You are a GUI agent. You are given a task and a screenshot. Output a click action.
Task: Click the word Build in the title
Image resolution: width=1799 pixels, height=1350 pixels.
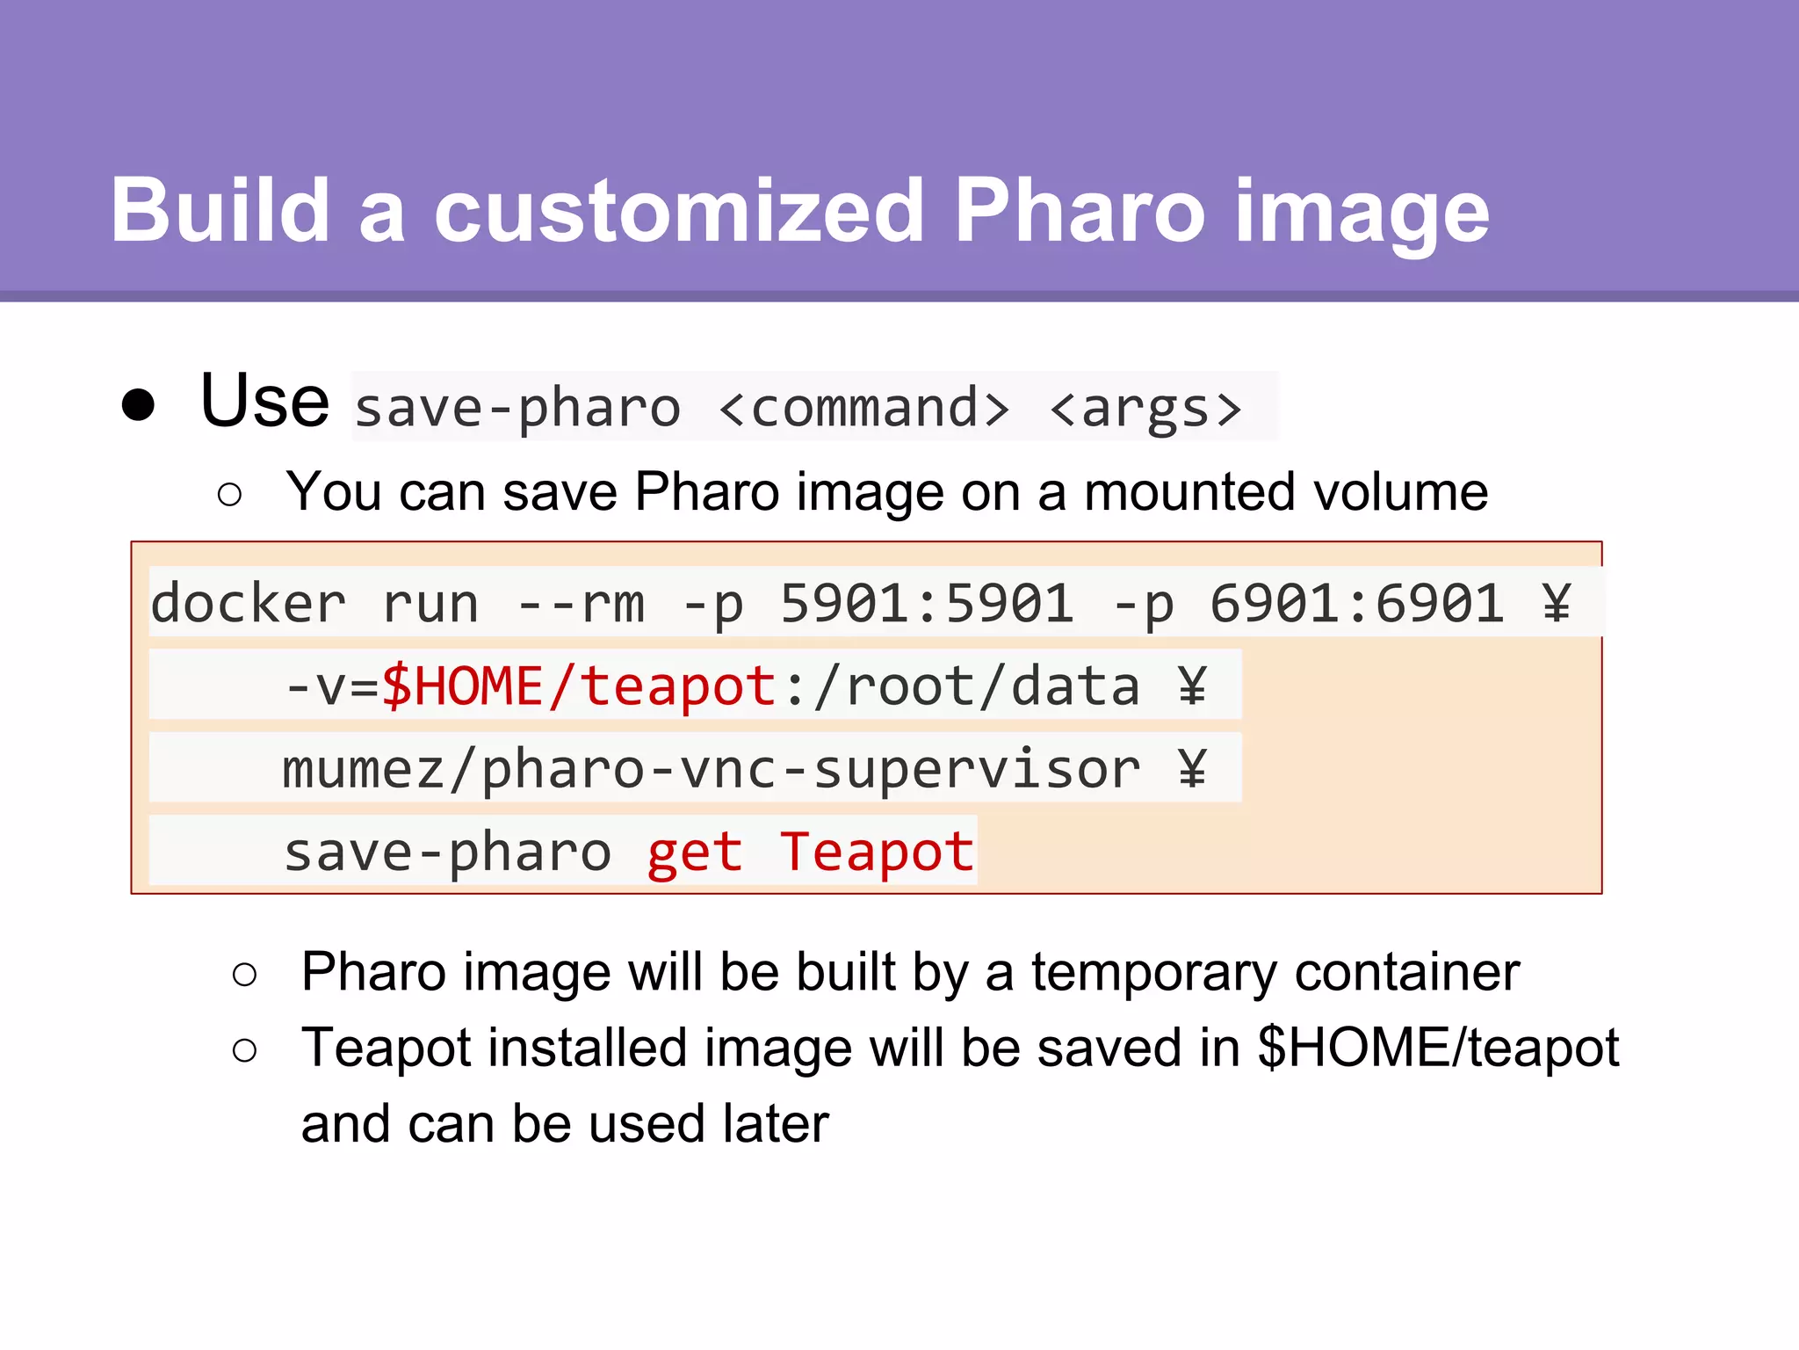(220, 211)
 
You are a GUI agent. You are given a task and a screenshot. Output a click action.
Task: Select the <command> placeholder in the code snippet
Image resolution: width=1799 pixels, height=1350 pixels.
(864, 408)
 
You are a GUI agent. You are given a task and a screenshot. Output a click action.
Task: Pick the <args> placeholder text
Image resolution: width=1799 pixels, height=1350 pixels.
(1145, 408)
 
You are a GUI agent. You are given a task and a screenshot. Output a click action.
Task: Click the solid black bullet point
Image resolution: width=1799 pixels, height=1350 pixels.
(139, 405)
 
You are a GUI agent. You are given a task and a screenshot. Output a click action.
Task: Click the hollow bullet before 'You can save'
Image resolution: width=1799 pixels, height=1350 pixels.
(229, 494)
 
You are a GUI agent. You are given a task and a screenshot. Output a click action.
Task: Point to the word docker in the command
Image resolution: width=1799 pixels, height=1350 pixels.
(249, 603)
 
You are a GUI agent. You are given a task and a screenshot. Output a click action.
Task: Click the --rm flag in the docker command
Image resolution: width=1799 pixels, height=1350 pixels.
(581, 603)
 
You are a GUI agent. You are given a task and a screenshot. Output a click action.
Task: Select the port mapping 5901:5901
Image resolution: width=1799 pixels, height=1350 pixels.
(927, 603)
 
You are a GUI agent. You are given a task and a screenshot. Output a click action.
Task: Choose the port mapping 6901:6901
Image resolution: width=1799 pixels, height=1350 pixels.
(1356, 603)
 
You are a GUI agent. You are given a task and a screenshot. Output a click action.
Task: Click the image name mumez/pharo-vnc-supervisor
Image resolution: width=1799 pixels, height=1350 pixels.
(711, 768)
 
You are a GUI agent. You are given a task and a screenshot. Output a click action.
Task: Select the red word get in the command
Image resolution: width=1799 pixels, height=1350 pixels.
(695, 852)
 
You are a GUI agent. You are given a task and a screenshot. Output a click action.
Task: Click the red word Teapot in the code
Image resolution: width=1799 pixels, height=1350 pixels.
(877, 852)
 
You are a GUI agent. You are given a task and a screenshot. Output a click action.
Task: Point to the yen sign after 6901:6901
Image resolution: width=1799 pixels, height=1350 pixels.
(1557, 603)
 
